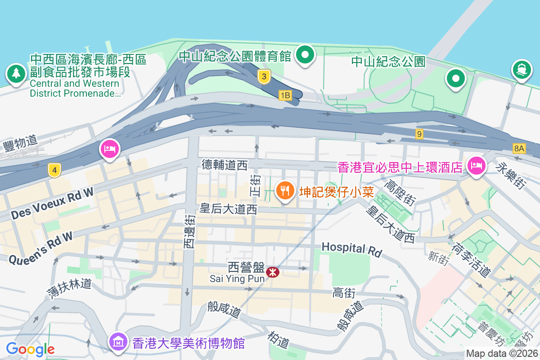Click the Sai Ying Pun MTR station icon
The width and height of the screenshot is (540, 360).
pyautogui.click(x=272, y=272)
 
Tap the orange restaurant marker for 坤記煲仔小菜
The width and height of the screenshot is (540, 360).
pyautogui.click(x=284, y=191)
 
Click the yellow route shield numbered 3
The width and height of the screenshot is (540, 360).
pyautogui.click(x=264, y=77)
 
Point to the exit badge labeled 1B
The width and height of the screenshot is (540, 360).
pyautogui.click(x=285, y=95)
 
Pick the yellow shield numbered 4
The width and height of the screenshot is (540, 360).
pyautogui.click(x=54, y=170)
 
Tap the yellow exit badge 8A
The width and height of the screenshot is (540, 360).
pyautogui.click(x=519, y=148)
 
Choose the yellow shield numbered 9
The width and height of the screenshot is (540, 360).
pyautogui.click(x=419, y=134)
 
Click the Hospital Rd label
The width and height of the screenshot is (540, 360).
pyautogui.click(x=352, y=249)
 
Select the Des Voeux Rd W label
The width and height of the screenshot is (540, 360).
pyautogui.click(x=53, y=204)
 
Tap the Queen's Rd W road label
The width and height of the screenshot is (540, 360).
pyautogui.click(x=40, y=251)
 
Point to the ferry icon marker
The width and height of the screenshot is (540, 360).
pyautogui.click(x=521, y=70)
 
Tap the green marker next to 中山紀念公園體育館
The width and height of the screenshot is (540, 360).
pyautogui.click(x=306, y=55)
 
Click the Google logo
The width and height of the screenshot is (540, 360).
pyautogui.click(x=30, y=349)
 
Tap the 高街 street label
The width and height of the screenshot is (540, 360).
pyautogui.click(x=344, y=293)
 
